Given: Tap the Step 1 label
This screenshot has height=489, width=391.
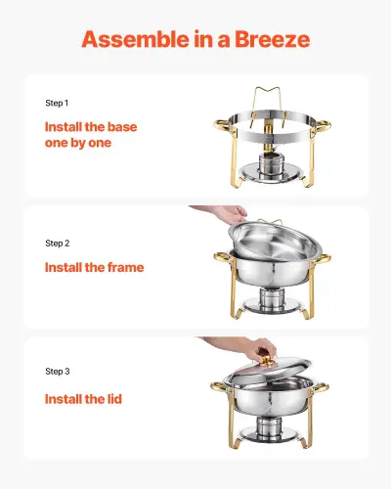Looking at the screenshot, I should pyautogui.click(x=58, y=103).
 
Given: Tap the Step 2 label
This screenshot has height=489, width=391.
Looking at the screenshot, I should pyautogui.click(x=58, y=243).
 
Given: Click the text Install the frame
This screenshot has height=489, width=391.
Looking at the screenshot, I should pyautogui.click(x=94, y=267).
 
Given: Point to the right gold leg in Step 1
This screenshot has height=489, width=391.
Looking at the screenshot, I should pyautogui.click(x=314, y=161).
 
